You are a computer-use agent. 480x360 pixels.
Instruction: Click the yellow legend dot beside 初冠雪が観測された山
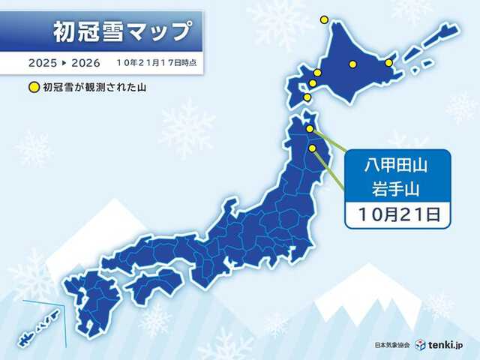[33, 87]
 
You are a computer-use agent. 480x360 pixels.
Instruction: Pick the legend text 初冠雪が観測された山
[91, 87]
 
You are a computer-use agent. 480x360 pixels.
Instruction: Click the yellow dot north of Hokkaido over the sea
[324, 19]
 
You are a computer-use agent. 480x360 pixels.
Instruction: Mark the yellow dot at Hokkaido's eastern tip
[388, 62]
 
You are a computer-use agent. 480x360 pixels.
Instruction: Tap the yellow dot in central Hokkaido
[352, 64]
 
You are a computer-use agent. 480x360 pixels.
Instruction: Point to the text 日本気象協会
[393, 345]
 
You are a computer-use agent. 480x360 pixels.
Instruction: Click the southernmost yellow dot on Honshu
[312, 150]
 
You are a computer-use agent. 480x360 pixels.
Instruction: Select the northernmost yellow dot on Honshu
[310, 128]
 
